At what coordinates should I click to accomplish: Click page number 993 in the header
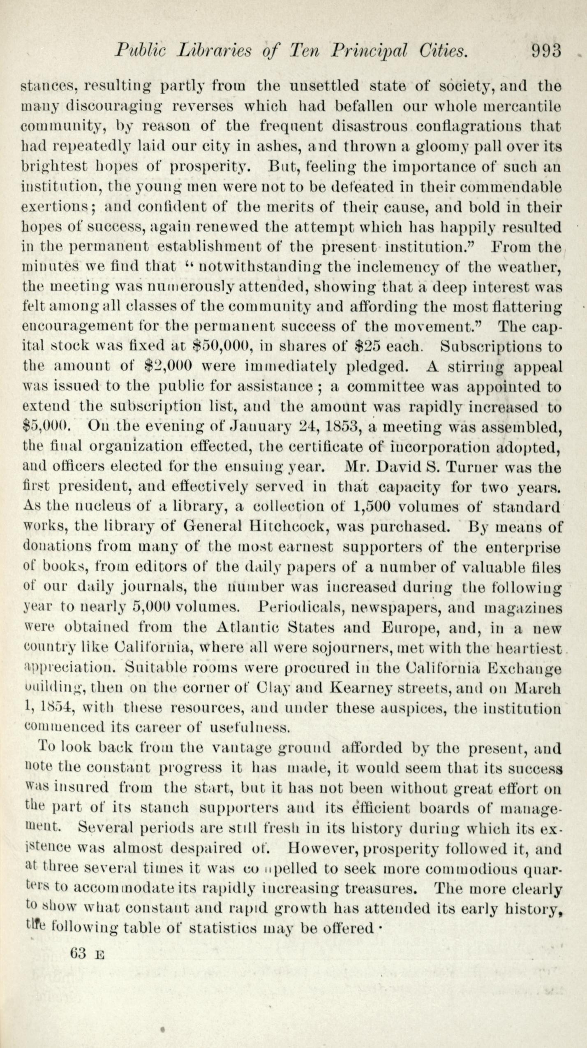click(x=546, y=51)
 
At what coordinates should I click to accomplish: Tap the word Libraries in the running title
click(x=215, y=51)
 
